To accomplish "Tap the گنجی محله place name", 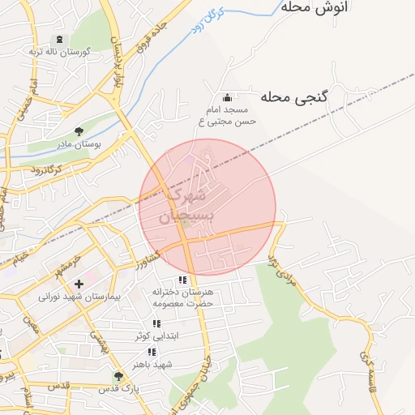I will (x=294, y=97).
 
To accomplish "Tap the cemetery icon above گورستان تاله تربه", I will (x=58, y=39).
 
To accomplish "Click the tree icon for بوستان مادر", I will (x=79, y=130).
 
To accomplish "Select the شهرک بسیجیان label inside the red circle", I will (x=186, y=206).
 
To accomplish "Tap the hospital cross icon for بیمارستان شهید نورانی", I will (x=79, y=284).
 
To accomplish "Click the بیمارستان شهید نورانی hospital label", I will (x=79, y=297).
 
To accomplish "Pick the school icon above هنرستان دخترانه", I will (x=182, y=280).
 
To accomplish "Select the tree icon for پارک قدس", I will (x=119, y=376).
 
